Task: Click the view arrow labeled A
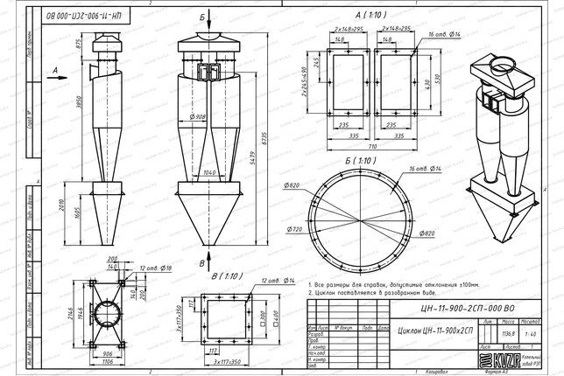tap(56, 70)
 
